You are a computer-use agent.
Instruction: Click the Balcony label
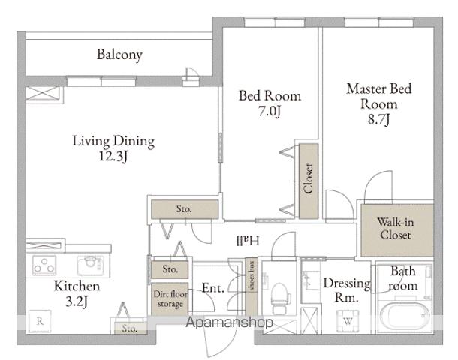pyautogui.click(x=119, y=55)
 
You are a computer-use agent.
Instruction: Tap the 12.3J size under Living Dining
pyautogui.click(x=113, y=157)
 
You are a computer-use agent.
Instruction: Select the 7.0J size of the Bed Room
pyautogui.click(x=270, y=111)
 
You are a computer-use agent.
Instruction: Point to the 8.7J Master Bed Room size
pyautogui.click(x=379, y=119)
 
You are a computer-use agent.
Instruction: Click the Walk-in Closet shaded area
pyautogui.click(x=397, y=230)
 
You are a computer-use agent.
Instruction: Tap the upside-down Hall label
pyautogui.click(x=248, y=241)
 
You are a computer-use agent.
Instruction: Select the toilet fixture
pyautogui.click(x=280, y=298)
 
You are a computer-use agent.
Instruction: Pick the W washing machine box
pyautogui.click(x=348, y=321)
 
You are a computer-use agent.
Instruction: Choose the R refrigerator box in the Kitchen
pyautogui.click(x=40, y=321)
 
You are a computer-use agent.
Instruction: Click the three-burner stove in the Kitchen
pyautogui.click(x=44, y=265)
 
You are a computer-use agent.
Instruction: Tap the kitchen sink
pyautogui.click(x=91, y=265)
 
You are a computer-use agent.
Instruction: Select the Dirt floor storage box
pyautogui.click(x=170, y=299)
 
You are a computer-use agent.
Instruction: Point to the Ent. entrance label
pyautogui.click(x=213, y=288)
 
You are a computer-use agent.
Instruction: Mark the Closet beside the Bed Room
pyautogui.click(x=309, y=181)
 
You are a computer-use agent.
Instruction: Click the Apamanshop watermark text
pyautogui.click(x=229, y=322)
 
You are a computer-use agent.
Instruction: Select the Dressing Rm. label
pyautogui.click(x=347, y=290)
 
